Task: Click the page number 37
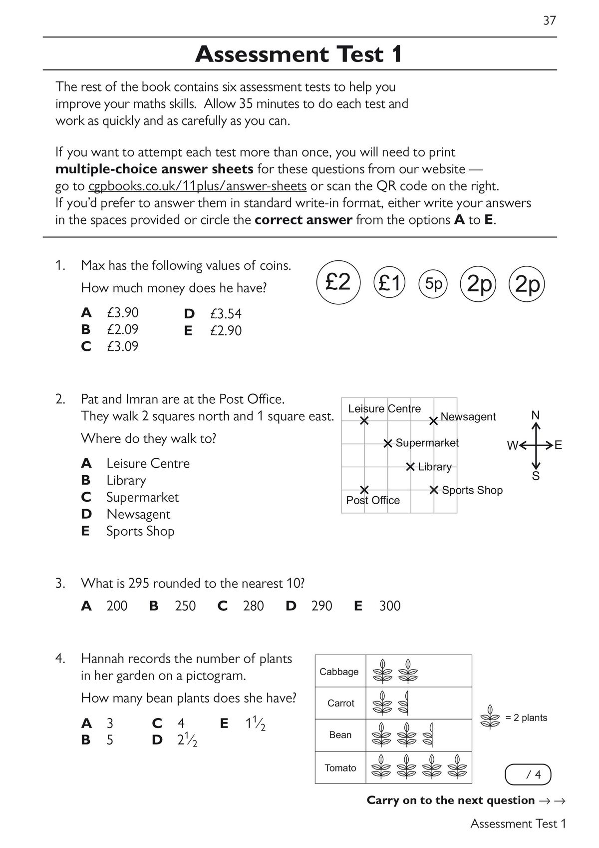[x=549, y=20]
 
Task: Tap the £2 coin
[x=338, y=282]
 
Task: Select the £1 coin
[x=389, y=283]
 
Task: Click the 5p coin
[x=433, y=283]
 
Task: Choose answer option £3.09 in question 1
[x=122, y=346]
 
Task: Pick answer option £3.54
[x=226, y=314]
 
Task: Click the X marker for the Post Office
[x=364, y=489]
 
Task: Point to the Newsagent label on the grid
[x=468, y=417]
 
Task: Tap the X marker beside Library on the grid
[x=410, y=467]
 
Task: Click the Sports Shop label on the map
[x=472, y=490]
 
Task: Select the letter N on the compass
[x=536, y=415]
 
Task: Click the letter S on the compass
[x=536, y=476]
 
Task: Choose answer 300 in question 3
[x=390, y=606]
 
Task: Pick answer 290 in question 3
[x=321, y=606]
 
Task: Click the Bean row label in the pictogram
[x=340, y=735]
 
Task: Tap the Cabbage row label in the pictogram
[x=339, y=672]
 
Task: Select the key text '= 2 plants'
[x=526, y=718]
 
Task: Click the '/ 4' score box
[x=529, y=775]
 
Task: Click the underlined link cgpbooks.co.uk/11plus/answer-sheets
[x=197, y=186]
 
